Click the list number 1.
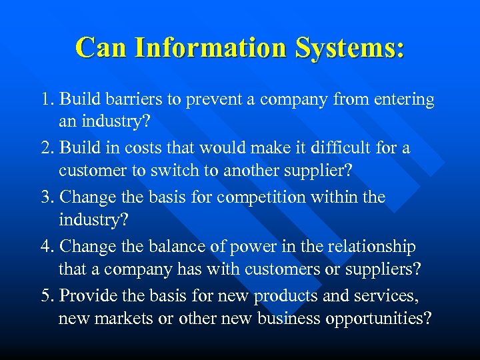tap(46, 100)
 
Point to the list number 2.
tap(46, 148)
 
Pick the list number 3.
tap(46, 197)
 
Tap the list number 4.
tap(46, 247)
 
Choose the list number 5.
tap(46, 295)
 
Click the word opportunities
tap(378, 319)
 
